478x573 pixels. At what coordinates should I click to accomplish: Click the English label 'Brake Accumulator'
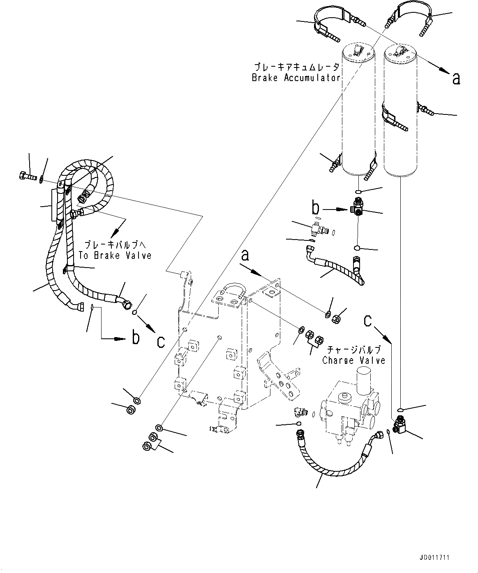click(x=296, y=78)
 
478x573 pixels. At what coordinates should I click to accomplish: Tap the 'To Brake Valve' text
click(x=115, y=255)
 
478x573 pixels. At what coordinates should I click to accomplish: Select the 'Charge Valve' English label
click(x=353, y=361)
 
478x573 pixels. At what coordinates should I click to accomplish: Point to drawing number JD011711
click(x=434, y=557)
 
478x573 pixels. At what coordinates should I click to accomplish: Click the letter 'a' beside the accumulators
click(x=456, y=78)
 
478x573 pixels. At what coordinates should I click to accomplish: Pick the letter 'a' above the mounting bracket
click(x=245, y=256)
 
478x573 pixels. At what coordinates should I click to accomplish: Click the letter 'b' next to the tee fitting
click(x=315, y=208)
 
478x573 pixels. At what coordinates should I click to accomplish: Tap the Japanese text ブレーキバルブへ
click(x=115, y=244)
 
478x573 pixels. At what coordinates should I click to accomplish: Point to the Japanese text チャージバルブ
click(x=353, y=350)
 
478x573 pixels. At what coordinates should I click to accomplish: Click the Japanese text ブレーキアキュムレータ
click(x=296, y=67)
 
